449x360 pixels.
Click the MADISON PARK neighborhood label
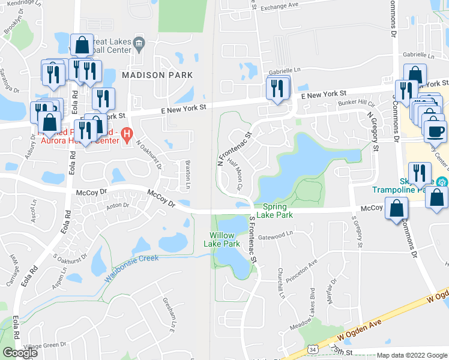pyautogui.click(x=157, y=75)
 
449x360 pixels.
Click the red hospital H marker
pyautogui.click(x=127, y=134)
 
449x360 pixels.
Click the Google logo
pyautogui.click(x=20, y=353)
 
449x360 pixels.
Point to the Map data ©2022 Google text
pyautogui.click(x=412, y=355)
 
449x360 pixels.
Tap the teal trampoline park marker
pyautogui.click(x=442, y=181)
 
